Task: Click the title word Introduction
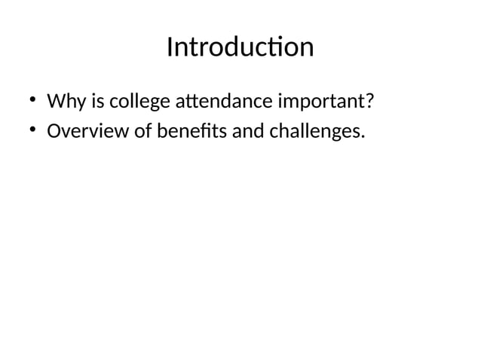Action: (240, 47)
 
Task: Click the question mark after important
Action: (371, 101)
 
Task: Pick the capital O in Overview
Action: (54, 133)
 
